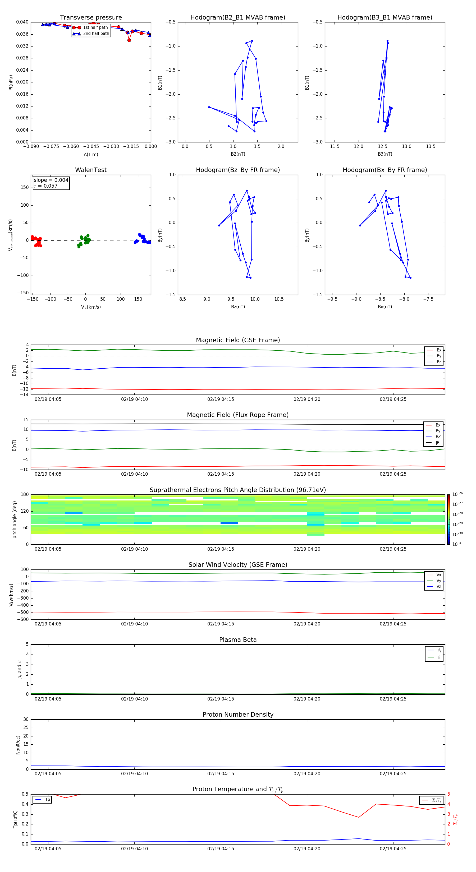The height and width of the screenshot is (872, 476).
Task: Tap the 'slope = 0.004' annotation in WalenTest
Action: click(51, 180)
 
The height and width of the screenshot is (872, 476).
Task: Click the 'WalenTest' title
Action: click(91, 170)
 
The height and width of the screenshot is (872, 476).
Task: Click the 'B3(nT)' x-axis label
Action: click(385, 154)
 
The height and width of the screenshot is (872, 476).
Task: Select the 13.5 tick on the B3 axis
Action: click(431, 147)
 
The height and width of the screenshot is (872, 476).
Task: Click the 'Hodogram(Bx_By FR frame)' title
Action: click(385, 170)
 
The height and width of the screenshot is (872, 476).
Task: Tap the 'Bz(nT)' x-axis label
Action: click(238, 307)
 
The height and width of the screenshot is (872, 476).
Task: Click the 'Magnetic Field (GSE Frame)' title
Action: click(238, 340)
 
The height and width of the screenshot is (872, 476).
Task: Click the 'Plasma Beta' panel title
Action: click(238, 640)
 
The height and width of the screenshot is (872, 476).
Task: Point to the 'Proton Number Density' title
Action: click(238, 715)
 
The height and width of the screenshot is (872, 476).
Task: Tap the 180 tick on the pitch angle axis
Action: click(25, 495)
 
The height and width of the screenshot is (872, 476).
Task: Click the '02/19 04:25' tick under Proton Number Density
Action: click(393, 773)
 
